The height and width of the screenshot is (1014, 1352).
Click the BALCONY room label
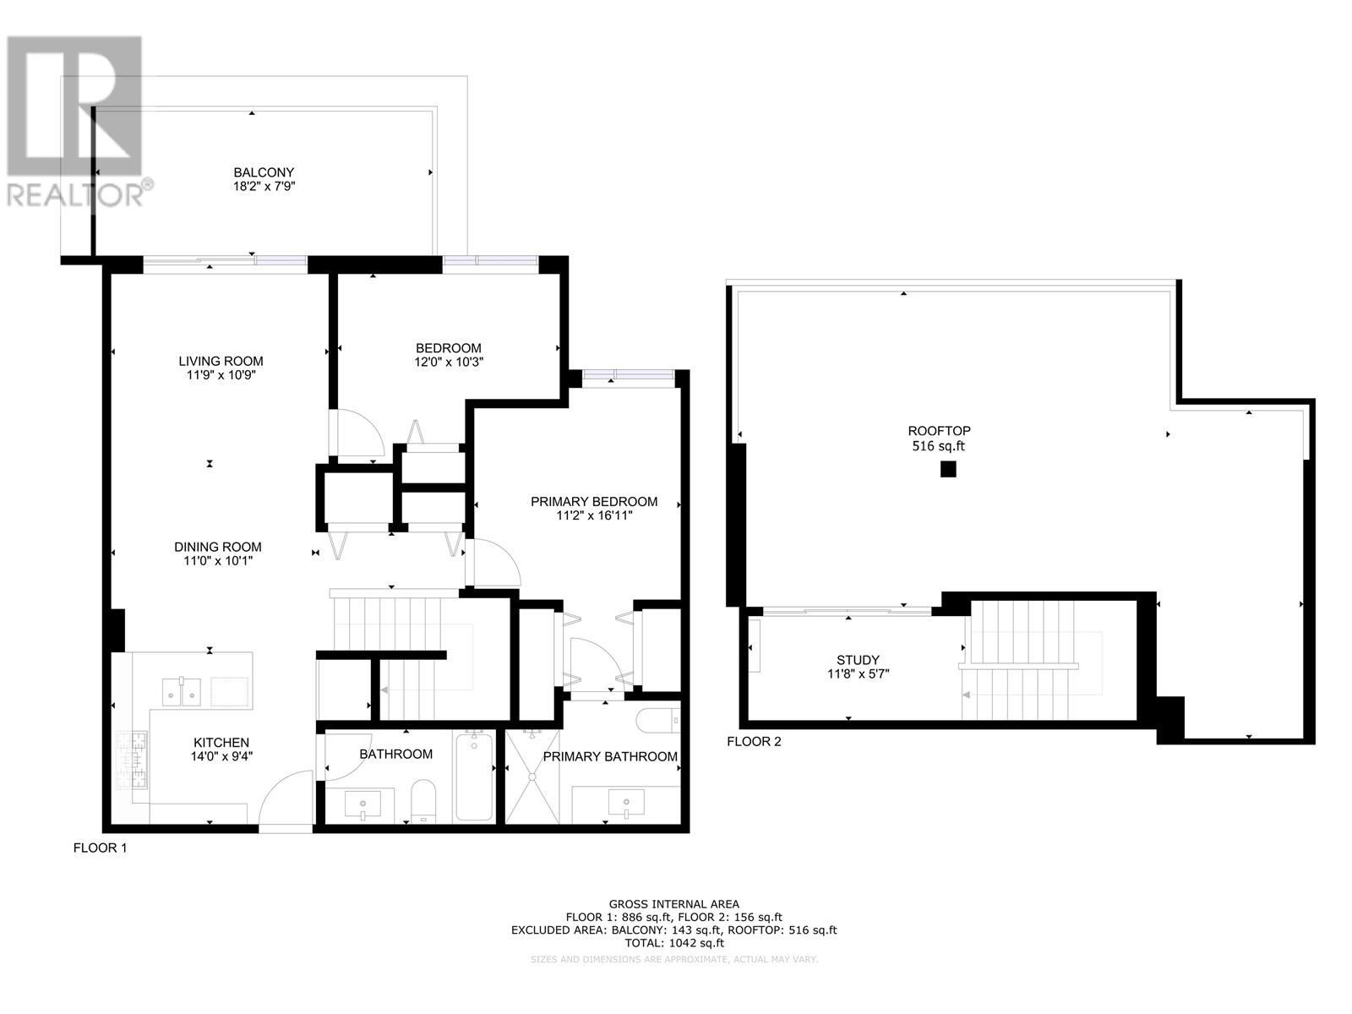(x=264, y=172)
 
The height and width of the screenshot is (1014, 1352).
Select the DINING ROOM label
(x=218, y=547)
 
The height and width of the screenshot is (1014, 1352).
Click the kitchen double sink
(x=183, y=692)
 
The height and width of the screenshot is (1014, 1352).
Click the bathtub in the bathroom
(x=474, y=777)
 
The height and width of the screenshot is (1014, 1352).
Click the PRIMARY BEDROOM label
(x=593, y=502)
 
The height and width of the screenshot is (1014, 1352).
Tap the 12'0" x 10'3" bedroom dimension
(x=449, y=362)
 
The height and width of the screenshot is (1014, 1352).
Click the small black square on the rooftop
(x=948, y=469)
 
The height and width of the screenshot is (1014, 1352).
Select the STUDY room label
(x=858, y=660)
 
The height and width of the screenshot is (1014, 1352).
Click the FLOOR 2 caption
(x=754, y=742)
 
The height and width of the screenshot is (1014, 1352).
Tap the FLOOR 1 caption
(x=100, y=848)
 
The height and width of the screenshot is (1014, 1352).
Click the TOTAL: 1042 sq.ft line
(x=673, y=943)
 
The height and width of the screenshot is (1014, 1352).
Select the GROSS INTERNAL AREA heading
(x=673, y=904)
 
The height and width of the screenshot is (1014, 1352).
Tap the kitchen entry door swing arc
(x=283, y=799)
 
